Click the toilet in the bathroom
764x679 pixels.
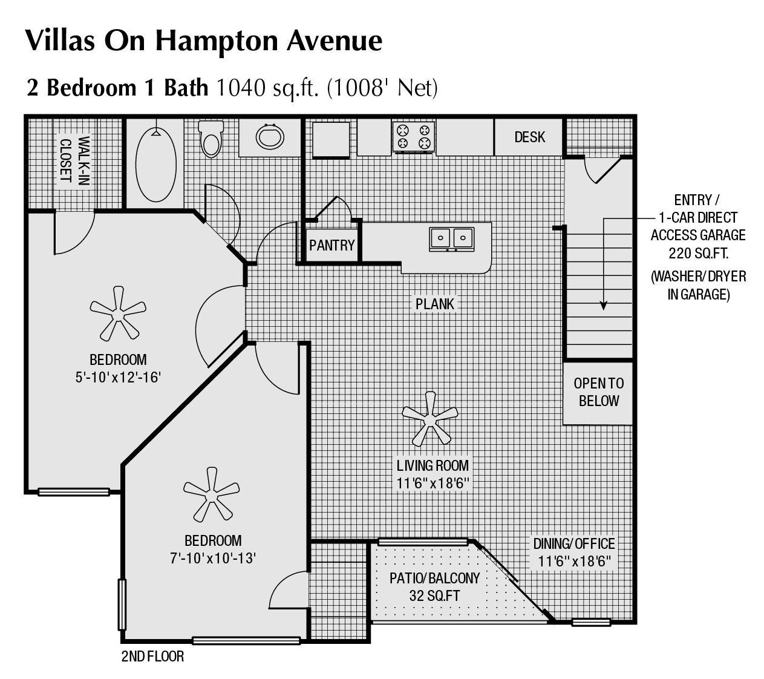211,139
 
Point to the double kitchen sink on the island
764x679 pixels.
451,238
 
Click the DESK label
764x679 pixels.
529,137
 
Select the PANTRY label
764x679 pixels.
331,245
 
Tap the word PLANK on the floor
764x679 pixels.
434,303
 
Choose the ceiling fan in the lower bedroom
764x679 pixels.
211,494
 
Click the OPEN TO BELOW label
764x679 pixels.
598,392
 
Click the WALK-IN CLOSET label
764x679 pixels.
74,160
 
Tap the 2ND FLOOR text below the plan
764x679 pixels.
152,656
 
